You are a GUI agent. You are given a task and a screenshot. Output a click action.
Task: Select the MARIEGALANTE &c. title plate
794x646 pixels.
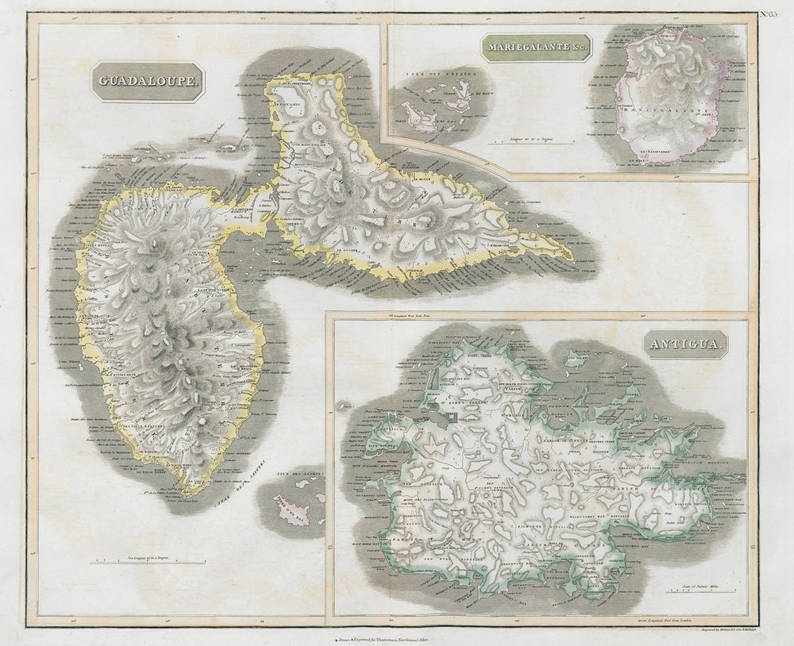pyautogui.click(x=536, y=48)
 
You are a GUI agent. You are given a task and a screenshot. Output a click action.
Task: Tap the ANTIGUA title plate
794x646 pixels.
pyautogui.click(x=686, y=344)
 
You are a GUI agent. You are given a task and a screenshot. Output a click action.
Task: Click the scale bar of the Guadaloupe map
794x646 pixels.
pyautogui.click(x=149, y=562)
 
